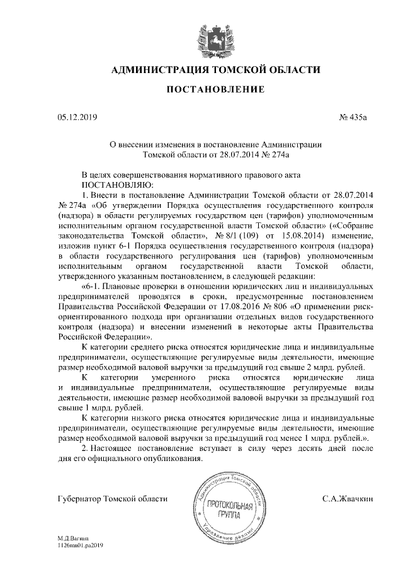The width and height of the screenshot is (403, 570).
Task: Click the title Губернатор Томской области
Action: (112, 499)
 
